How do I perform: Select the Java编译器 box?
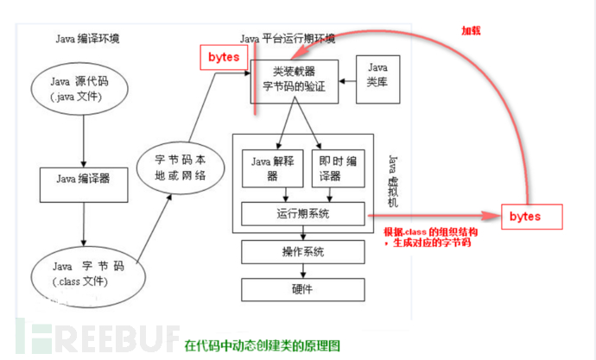82,180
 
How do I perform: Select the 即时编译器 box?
333,166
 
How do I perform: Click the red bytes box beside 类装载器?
225,57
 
